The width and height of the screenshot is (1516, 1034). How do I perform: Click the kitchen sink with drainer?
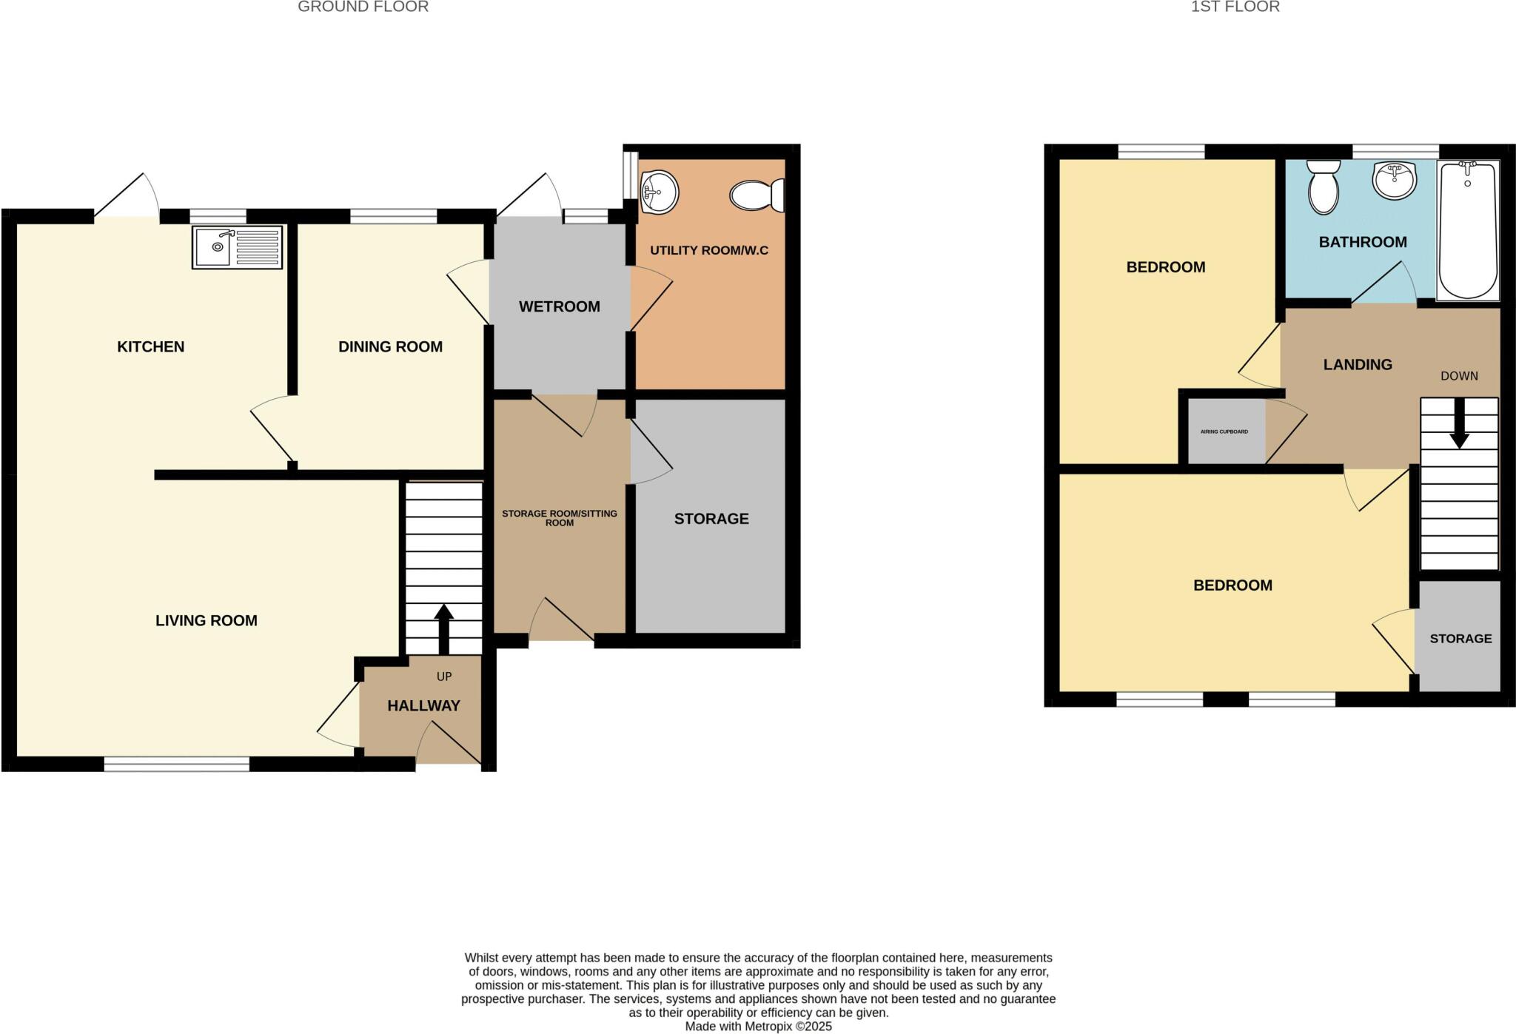(x=237, y=247)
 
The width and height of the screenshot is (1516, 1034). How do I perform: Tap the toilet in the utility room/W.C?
(x=757, y=195)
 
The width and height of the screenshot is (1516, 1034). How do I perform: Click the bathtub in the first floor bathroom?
(x=1468, y=230)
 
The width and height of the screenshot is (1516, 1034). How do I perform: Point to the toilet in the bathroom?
(x=1324, y=187)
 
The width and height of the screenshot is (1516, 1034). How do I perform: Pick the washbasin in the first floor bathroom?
(x=1393, y=179)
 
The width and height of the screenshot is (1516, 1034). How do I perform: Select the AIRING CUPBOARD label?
(x=1224, y=432)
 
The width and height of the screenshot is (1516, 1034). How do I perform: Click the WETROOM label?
(x=559, y=306)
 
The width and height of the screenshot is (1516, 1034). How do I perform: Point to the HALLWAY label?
(x=423, y=706)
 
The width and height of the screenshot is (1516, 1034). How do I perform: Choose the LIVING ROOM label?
(x=206, y=621)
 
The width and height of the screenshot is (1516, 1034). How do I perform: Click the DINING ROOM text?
(x=390, y=346)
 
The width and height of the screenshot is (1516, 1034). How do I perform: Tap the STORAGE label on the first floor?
(x=1460, y=639)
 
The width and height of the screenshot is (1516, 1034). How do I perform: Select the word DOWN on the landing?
(x=1459, y=376)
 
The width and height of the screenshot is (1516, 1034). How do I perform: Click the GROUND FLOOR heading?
(x=363, y=7)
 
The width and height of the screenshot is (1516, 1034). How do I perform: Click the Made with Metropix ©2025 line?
(x=758, y=1027)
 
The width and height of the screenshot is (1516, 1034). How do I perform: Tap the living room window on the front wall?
(x=176, y=764)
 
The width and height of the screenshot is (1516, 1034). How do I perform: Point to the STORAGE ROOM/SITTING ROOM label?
(x=559, y=517)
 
